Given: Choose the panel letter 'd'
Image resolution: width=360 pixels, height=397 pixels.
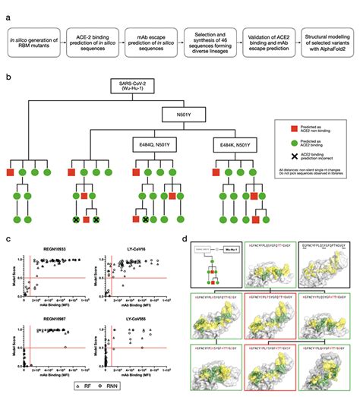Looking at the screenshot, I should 188,238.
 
